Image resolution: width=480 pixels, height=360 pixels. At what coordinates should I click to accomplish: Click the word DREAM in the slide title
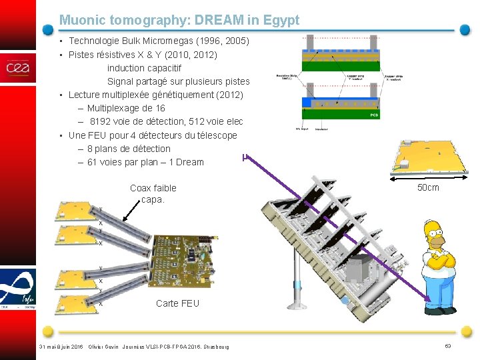(x=199, y=21)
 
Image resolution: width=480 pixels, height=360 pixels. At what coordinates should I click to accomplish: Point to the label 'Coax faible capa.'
(x=153, y=193)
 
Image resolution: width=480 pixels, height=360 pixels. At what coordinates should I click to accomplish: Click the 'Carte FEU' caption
(x=177, y=303)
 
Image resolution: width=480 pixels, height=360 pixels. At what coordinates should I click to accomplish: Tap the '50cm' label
(x=428, y=187)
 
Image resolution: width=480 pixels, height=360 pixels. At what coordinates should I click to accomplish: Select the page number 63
(x=448, y=345)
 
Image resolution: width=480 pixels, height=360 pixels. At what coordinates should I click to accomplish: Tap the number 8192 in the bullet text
(x=102, y=121)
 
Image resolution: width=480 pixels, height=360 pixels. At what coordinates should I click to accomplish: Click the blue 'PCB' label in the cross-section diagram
(x=375, y=115)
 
